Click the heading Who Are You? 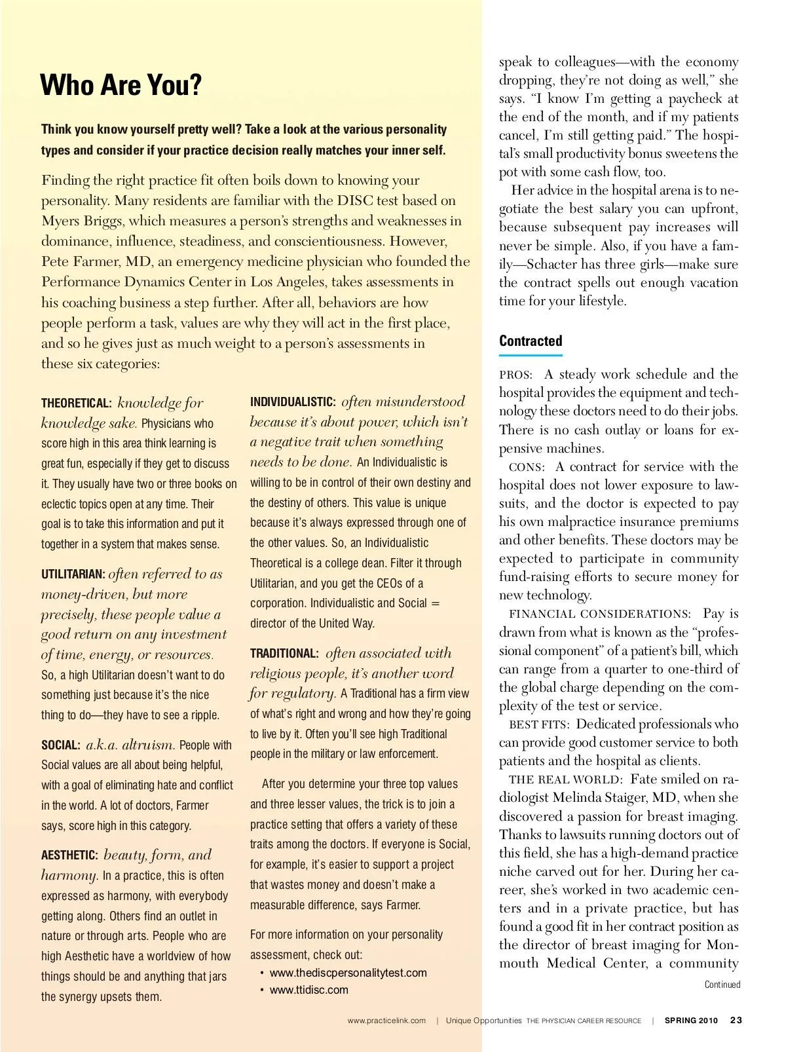pyautogui.click(x=121, y=86)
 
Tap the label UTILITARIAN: pyautogui.click(x=73, y=574)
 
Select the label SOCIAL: pyautogui.click(x=61, y=745)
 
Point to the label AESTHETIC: pyautogui.click(x=69, y=855)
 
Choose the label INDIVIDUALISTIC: pyautogui.click(x=293, y=402)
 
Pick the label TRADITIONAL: pyautogui.click(x=284, y=654)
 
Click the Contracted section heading pyautogui.click(x=531, y=341)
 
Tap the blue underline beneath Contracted pyautogui.click(x=531, y=355)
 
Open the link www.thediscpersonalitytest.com pyautogui.click(x=348, y=973)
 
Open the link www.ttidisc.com pyautogui.click(x=309, y=990)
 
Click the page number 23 pyautogui.click(x=736, y=1020)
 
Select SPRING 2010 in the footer pyautogui.click(x=691, y=1021)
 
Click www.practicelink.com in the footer pyautogui.click(x=386, y=1021)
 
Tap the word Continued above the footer pyautogui.click(x=722, y=985)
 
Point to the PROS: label pyautogui.click(x=515, y=375)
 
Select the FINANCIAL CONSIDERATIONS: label pyautogui.click(x=599, y=614)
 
